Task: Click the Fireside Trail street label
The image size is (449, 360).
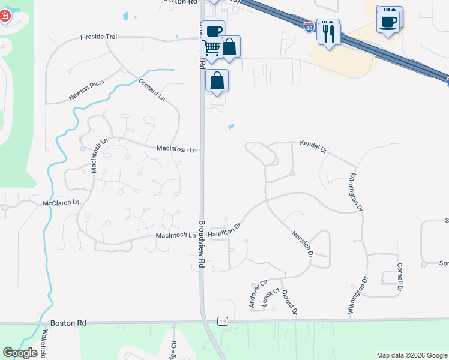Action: [100, 37]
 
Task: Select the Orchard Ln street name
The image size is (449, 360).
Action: [152, 89]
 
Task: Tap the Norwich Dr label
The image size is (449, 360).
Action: [303, 244]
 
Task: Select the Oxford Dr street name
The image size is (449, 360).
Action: [289, 303]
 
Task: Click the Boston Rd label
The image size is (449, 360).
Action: [68, 323]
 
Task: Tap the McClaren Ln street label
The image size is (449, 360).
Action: [61, 203]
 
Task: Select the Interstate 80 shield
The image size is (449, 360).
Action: [309, 27]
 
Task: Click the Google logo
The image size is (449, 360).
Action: [20, 353]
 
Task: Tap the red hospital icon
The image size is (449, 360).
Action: [5, 15]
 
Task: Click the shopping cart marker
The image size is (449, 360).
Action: [211, 47]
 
